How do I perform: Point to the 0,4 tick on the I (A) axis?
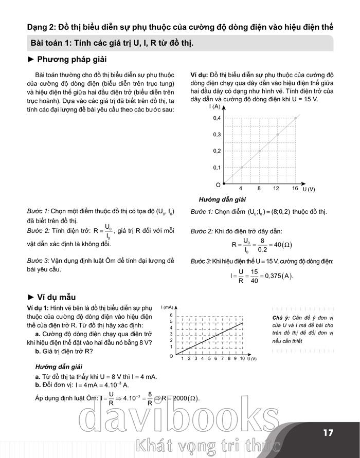tap(217, 118)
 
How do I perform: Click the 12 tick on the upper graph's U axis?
tap(276, 189)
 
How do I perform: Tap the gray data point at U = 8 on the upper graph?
tap(260, 151)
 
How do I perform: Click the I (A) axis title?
tap(215, 107)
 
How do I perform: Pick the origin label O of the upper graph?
tap(219, 184)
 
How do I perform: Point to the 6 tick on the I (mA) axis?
tap(171, 315)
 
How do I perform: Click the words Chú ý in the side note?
tap(281, 318)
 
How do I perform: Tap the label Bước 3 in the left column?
tap(39, 261)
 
